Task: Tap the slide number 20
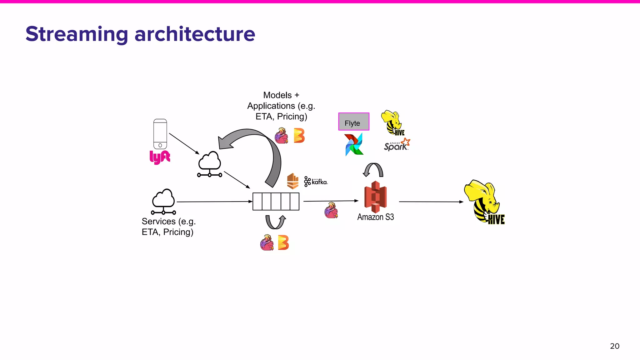614,346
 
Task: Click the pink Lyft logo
160,157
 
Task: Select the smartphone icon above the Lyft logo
160,134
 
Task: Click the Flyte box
354,122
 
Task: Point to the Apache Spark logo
397,145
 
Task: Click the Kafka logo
316,182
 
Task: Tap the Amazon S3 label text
375,217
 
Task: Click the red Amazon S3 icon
375,197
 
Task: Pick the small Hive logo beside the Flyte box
392,123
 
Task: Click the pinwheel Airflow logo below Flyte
354,144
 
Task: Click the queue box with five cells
276,202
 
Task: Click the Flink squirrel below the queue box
267,243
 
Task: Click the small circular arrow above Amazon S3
373,170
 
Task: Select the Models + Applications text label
281,106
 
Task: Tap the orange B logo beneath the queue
283,243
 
